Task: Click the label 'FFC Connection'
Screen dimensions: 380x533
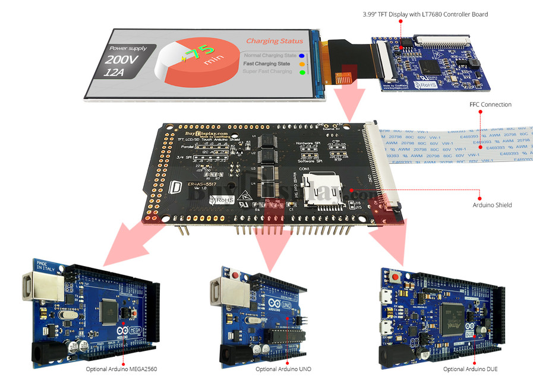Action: pos(490,104)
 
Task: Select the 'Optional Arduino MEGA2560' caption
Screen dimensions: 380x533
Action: pos(124,369)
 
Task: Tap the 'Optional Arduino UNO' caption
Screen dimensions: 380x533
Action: pos(283,369)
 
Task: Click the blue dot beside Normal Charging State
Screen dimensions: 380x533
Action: pos(302,55)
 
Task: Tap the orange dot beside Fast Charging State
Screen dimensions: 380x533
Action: pos(302,64)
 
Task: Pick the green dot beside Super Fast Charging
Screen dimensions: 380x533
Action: pos(302,72)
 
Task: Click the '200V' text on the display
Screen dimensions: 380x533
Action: pos(121,60)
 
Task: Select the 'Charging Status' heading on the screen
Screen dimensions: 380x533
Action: pos(275,41)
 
